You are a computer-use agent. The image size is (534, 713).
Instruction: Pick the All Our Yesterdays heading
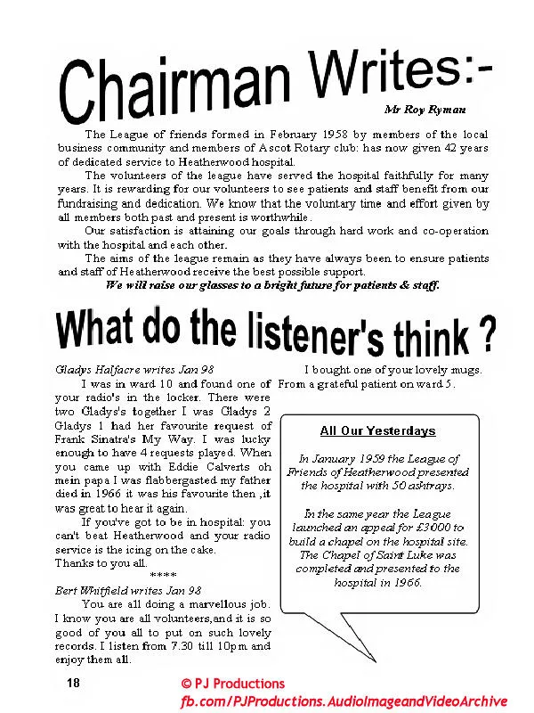point(377,430)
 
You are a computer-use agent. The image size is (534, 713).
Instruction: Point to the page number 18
point(74,682)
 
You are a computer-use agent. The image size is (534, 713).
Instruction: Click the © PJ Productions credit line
point(232,684)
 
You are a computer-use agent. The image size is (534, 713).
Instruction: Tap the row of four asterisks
point(162,576)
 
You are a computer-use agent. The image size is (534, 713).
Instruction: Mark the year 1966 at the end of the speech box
point(402,582)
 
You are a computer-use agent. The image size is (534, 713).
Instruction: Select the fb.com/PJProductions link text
point(344,701)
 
